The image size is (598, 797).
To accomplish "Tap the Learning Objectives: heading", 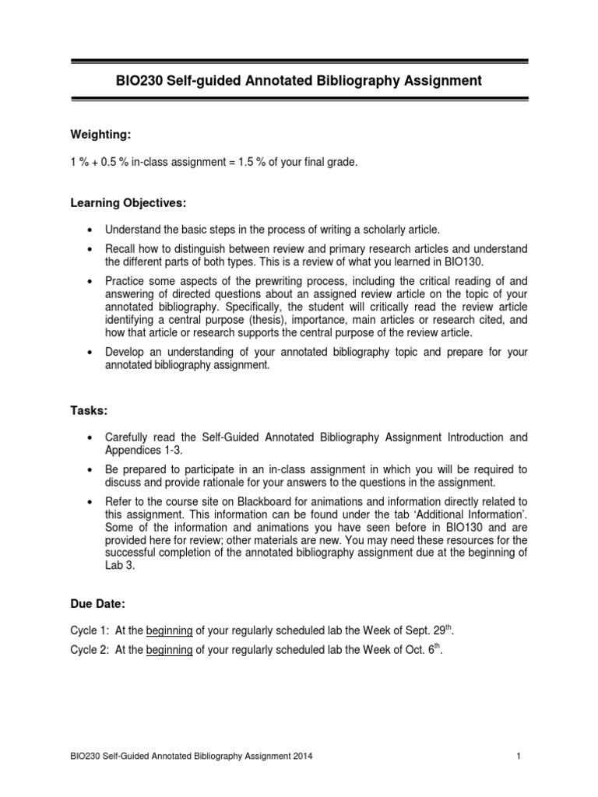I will (128, 203).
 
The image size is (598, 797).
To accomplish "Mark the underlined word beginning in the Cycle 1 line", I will (169, 608).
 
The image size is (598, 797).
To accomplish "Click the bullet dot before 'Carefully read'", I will (92, 437).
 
